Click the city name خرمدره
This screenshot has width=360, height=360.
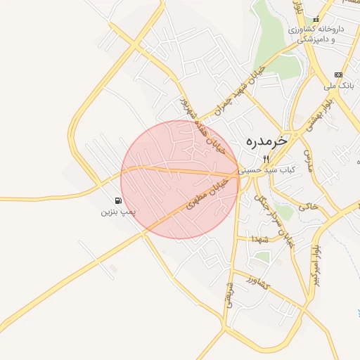pos(267,141)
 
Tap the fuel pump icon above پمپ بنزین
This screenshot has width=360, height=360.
pos(117,200)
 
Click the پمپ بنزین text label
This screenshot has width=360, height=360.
pos(117,210)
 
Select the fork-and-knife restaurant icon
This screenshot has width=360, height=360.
pos(266,159)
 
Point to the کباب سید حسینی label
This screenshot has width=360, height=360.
pos(266,169)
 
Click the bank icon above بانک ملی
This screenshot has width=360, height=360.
pos(338,75)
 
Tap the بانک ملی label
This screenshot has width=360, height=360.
pos(337,86)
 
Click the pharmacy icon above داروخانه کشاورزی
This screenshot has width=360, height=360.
pos(315,19)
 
